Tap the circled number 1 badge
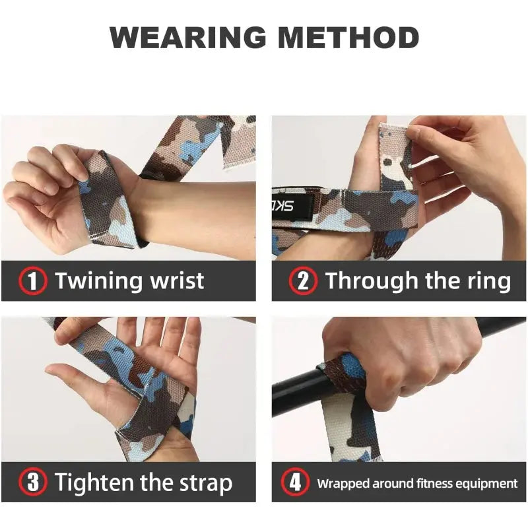(32, 281)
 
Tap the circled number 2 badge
(302, 281)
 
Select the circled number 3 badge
(32, 482)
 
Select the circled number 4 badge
(295, 482)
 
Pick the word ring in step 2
(489, 281)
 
